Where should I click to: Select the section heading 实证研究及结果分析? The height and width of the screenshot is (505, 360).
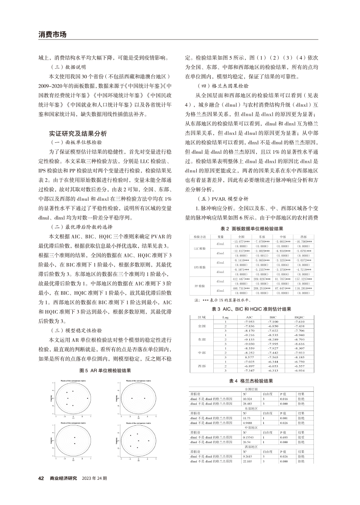(78, 133)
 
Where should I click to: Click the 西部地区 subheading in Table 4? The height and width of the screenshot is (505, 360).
(251, 447)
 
